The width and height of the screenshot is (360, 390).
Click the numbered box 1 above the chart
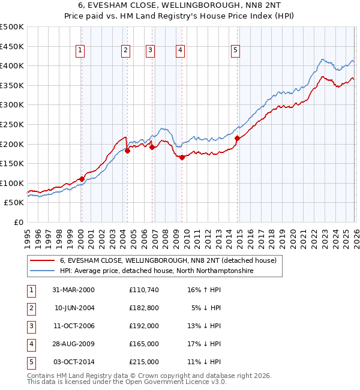tap(80, 51)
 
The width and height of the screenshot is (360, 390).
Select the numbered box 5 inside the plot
tap(235, 51)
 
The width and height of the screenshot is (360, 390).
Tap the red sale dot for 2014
tap(237, 138)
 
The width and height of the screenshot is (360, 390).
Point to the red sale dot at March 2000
tap(82, 179)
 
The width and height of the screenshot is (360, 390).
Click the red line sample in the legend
tap(43, 261)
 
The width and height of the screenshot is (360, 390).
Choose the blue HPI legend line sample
tap(43, 271)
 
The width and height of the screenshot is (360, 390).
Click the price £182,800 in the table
tap(144, 307)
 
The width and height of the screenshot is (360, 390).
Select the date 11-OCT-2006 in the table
tap(73, 325)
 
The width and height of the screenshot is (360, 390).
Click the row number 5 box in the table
tap(31, 361)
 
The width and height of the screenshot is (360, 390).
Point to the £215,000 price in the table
tap(144, 361)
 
